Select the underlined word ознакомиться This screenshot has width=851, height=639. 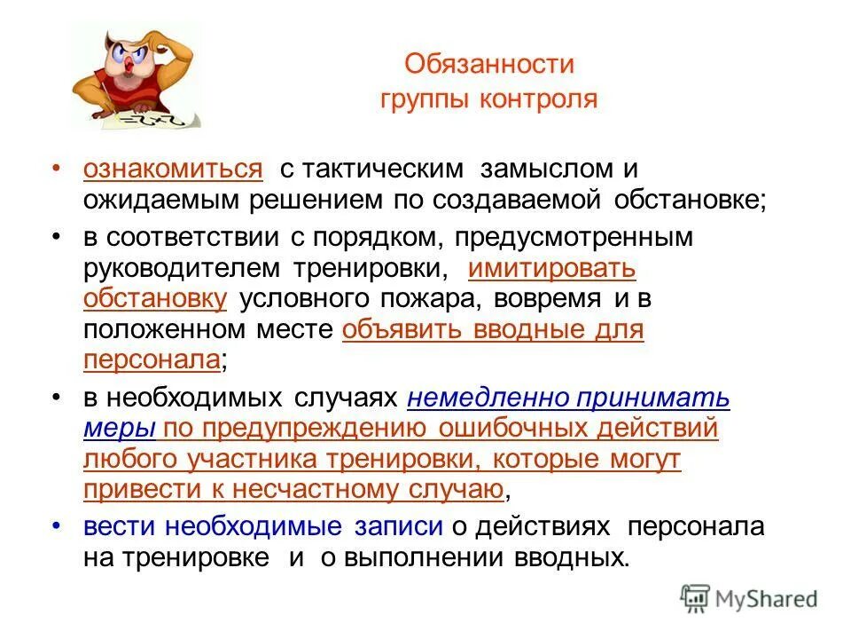174,170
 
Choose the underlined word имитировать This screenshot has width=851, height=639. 551,268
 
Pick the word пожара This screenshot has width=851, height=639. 422,299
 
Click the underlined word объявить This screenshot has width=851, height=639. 394,330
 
